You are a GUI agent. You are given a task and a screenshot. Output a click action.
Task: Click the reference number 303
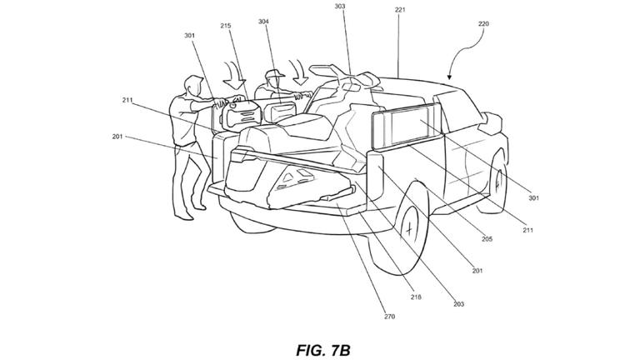pyautogui.click(x=340, y=7)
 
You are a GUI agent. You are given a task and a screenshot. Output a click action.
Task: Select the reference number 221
pyautogui.click(x=400, y=10)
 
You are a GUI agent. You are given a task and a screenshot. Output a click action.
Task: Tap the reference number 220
pyautogui.click(x=483, y=23)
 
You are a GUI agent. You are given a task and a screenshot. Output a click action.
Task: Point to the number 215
pyautogui.click(x=226, y=25)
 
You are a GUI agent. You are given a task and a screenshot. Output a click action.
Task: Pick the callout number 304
pyautogui.click(x=263, y=21)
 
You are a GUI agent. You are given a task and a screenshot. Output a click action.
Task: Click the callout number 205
pyautogui.click(x=487, y=239)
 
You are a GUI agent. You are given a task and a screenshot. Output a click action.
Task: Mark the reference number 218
pyautogui.click(x=416, y=297)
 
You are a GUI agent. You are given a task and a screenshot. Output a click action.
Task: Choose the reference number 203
pyautogui.click(x=459, y=304)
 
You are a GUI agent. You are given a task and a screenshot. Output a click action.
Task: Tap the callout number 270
pyautogui.click(x=389, y=317)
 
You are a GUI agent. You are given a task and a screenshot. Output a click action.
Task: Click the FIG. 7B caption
pyautogui.click(x=323, y=350)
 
